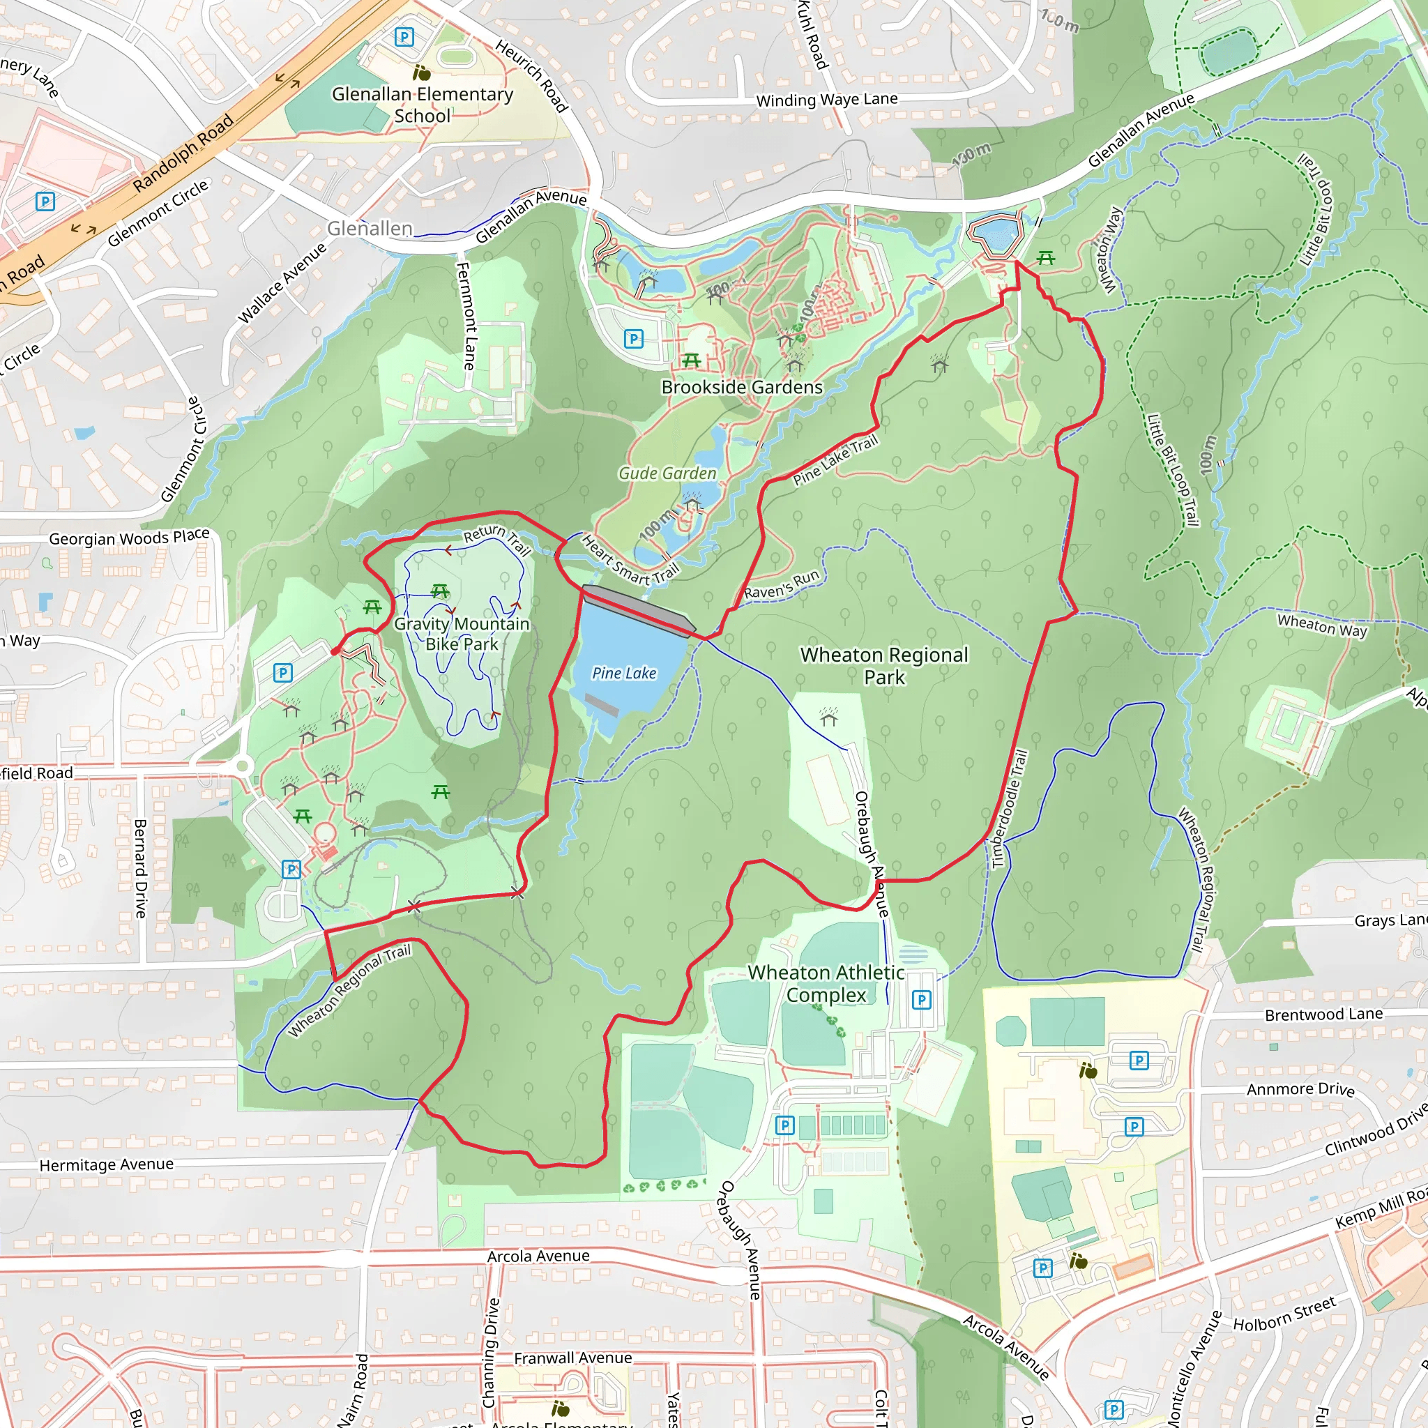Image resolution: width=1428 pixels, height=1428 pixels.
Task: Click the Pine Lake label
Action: click(624, 674)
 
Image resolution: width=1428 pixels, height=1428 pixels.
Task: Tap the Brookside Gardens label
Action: click(741, 387)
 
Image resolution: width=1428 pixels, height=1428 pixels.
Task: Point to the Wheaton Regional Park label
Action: click(884, 665)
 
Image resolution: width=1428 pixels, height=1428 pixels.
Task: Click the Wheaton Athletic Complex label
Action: click(826, 983)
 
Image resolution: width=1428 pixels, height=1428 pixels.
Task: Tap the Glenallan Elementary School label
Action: click(422, 104)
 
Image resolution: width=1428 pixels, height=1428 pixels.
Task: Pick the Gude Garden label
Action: click(667, 473)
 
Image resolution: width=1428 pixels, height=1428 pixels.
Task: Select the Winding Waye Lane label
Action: click(826, 99)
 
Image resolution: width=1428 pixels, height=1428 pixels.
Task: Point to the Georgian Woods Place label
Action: click(130, 538)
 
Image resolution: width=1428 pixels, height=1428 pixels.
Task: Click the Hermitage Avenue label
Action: click(107, 1165)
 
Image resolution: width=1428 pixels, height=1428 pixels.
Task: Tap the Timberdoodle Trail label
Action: click(1009, 809)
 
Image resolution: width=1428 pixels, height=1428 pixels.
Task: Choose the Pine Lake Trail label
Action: click(835, 460)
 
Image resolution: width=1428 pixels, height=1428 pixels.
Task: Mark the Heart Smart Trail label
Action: click(629, 561)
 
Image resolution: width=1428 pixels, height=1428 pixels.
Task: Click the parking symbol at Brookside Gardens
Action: click(633, 340)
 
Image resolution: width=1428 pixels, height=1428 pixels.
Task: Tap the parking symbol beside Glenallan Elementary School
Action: click(404, 36)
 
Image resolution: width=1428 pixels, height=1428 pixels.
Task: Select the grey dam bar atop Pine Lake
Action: click(639, 611)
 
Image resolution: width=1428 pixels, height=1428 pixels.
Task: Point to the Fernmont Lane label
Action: click(465, 316)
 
